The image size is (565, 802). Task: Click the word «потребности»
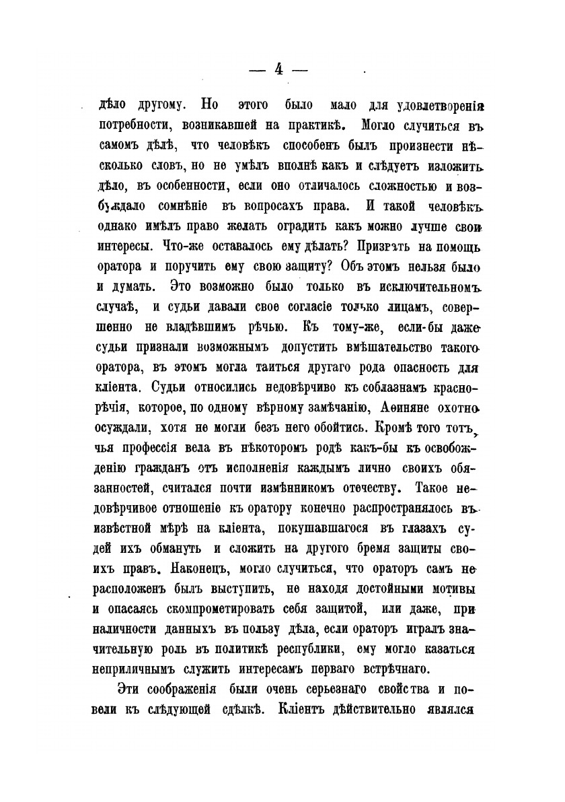[x=135, y=125]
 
